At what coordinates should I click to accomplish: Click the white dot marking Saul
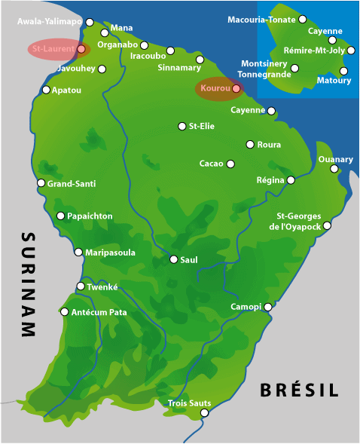(173, 259)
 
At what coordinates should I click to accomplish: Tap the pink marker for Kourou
(236, 89)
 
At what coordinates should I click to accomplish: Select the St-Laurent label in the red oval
(53, 49)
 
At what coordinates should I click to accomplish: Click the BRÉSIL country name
(299, 390)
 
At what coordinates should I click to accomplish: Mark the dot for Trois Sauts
(204, 412)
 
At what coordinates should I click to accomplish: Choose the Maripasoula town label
(110, 253)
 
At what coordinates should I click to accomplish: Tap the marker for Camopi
(267, 307)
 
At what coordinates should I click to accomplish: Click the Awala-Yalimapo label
(50, 22)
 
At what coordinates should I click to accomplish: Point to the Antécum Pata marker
(65, 311)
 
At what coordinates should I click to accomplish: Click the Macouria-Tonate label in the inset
(262, 19)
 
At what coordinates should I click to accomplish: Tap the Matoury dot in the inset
(344, 72)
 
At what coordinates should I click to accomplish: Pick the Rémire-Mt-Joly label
(314, 50)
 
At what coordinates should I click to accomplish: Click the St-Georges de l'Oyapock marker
(327, 225)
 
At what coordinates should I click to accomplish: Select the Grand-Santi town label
(72, 183)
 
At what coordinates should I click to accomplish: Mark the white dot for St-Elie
(182, 126)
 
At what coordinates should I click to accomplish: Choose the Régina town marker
(291, 180)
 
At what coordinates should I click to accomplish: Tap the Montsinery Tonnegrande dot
(294, 68)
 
